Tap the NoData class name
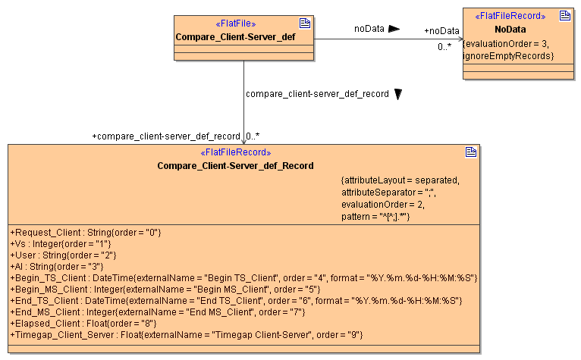[x=510, y=29]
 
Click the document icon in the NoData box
[x=565, y=15]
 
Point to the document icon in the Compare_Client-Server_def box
[x=305, y=23]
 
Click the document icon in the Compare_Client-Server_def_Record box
[x=471, y=152]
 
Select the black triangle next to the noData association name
[x=394, y=29]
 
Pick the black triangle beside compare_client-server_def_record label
[x=398, y=94]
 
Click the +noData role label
[x=441, y=31]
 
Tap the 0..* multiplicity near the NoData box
[x=444, y=47]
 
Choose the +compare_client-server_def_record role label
[x=165, y=136]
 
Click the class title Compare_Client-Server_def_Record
[x=235, y=165]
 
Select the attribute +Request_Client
[x=86, y=231]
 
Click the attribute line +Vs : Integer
[x=61, y=243]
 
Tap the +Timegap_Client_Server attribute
[x=187, y=334]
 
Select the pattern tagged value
[x=375, y=217]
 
